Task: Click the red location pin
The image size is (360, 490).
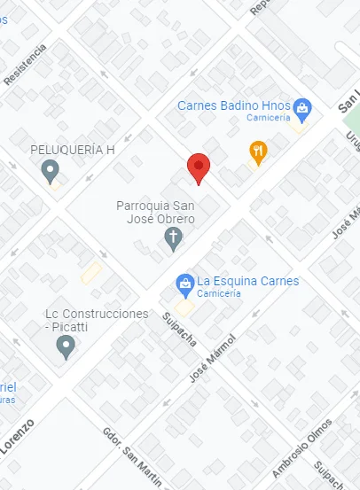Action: click(x=200, y=167)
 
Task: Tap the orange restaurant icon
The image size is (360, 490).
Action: click(x=258, y=152)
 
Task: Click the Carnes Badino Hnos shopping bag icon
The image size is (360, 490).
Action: click(x=302, y=109)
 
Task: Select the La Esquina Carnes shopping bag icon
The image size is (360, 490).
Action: click(x=185, y=283)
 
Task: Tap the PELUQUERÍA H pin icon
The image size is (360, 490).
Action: click(x=51, y=168)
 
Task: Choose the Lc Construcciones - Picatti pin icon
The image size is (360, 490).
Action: click(x=65, y=347)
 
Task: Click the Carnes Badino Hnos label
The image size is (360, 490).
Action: click(x=233, y=105)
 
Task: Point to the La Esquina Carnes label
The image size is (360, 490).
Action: click(x=247, y=281)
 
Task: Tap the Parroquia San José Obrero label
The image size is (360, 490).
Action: click(x=156, y=212)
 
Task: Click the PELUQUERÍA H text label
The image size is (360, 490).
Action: click(x=73, y=149)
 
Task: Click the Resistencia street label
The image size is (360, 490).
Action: click(x=24, y=65)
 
